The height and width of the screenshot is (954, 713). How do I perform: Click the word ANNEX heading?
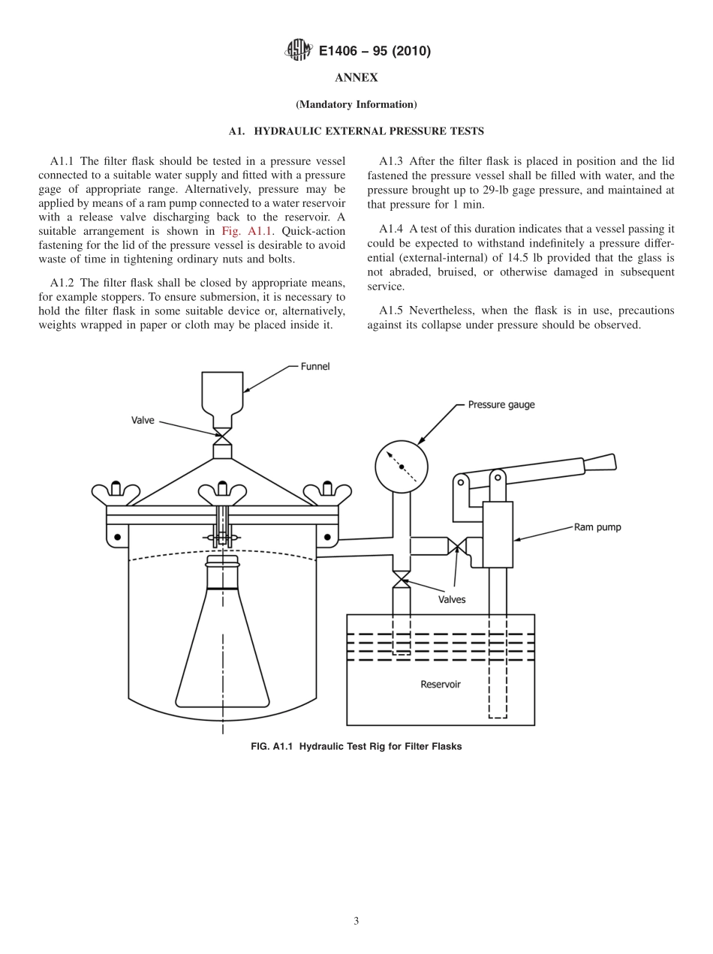(x=356, y=78)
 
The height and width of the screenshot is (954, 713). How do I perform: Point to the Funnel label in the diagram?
(x=315, y=367)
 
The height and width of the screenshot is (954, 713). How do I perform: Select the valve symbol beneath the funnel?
(x=222, y=434)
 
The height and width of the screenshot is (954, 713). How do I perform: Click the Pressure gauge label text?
(x=501, y=405)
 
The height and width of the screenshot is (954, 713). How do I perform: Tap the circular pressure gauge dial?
(x=402, y=466)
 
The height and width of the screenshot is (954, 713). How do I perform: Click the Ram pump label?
(x=597, y=527)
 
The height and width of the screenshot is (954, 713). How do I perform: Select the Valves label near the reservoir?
(x=452, y=599)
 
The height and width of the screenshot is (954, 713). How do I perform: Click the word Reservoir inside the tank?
(x=441, y=684)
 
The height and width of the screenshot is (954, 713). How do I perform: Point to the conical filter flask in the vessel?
(x=222, y=645)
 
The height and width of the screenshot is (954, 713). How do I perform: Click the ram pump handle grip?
(x=600, y=463)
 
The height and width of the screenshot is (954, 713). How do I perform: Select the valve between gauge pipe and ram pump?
(x=456, y=546)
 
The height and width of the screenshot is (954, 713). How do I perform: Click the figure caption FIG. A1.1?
(x=356, y=746)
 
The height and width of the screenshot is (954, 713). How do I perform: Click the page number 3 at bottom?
(x=356, y=921)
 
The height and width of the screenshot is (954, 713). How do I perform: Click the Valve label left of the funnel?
(x=143, y=420)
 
